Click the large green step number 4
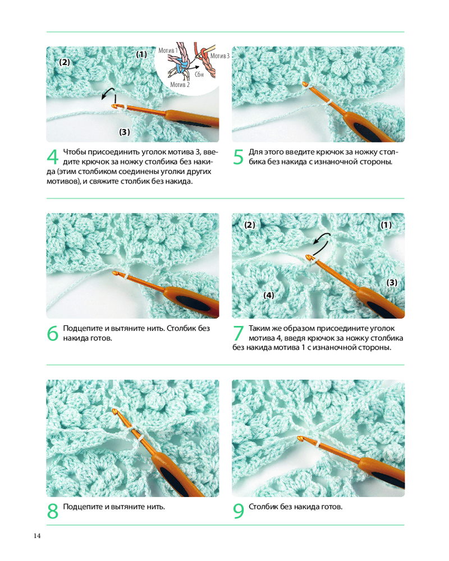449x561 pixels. click(53, 157)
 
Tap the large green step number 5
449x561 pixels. click(239, 157)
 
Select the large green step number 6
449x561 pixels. click(53, 333)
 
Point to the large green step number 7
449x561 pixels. click(239, 333)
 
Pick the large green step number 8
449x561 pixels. click(53, 511)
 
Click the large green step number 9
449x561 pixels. click(239, 511)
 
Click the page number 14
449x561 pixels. click(37, 536)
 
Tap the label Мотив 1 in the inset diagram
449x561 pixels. click(168, 50)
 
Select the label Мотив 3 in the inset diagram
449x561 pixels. click(220, 56)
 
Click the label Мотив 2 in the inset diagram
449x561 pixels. click(180, 85)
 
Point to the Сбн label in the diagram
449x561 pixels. click(199, 75)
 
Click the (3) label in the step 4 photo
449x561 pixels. click(124, 132)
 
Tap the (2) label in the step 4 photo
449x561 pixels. click(65, 62)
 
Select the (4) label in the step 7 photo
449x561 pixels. click(268, 295)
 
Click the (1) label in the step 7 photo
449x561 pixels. click(386, 225)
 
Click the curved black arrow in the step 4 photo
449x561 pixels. click(108, 93)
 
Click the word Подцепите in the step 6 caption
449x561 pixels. click(83, 328)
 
